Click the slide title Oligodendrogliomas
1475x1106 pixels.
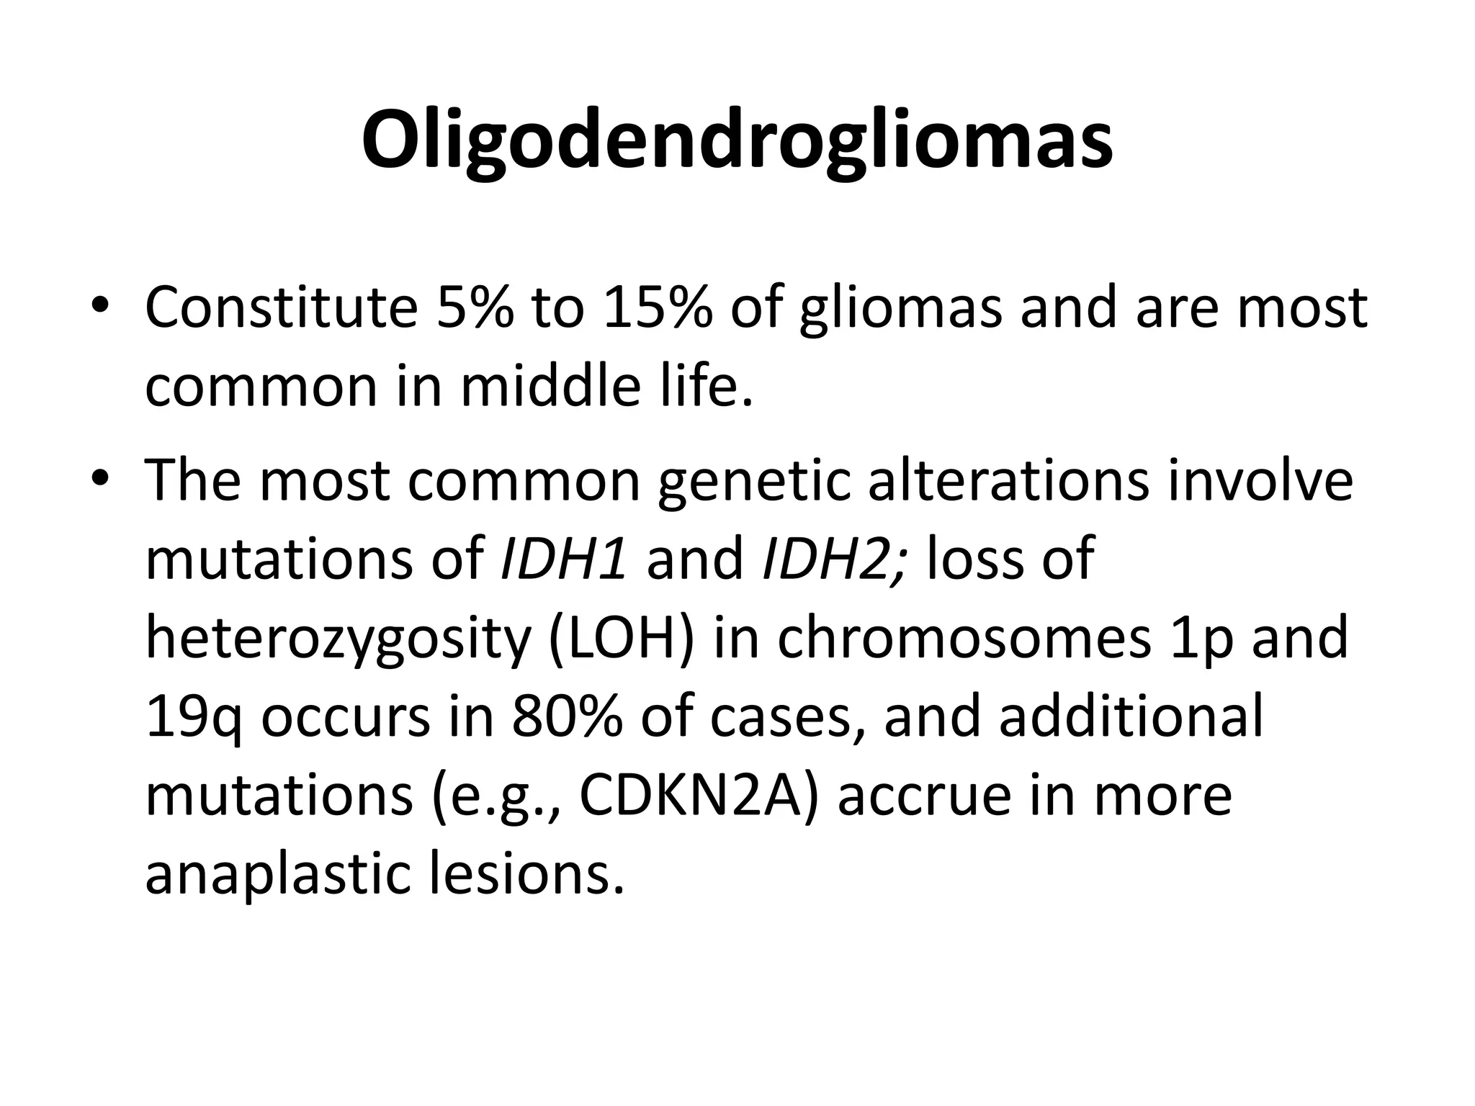click(x=737, y=141)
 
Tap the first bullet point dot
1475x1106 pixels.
click(x=100, y=306)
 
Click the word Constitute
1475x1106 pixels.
click(x=282, y=308)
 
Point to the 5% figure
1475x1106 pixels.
click(x=475, y=308)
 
